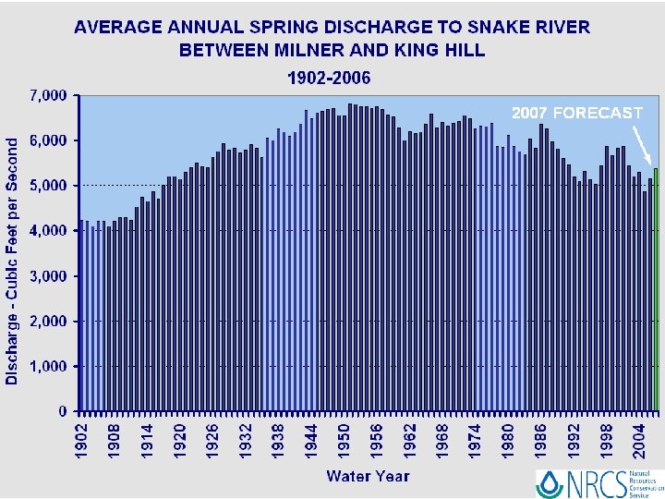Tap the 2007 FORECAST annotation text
coord(576,113)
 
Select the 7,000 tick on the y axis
coord(48,95)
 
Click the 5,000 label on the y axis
coord(48,186)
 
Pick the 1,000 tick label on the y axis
coord(48,366)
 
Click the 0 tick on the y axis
coord(63,411)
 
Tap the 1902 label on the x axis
coord(82,438)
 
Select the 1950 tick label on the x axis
coord(344,438)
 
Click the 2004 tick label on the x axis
coord(638,438)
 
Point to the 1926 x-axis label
coord(213,438)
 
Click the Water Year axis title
coord(367,476)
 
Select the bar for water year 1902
coord(82,315)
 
